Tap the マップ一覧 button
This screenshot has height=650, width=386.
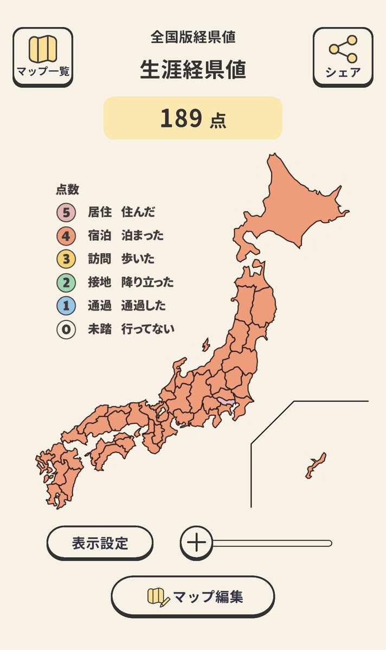(x=42, y=56)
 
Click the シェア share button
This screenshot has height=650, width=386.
(x=343, y=56)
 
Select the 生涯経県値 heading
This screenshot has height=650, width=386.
(x=193, y=70)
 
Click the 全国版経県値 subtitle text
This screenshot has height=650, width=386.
(x=193, y=37)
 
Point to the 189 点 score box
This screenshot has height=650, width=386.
(x=193, y=118)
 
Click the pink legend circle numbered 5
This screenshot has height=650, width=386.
(x=66, y=212)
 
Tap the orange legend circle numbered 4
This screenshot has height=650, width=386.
(x=66, y=236)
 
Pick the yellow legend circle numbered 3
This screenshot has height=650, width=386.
(x=66, y=259)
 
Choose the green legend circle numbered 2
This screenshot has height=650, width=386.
(x=66, y=282)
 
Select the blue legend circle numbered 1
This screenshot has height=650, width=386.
(x=66, y=306)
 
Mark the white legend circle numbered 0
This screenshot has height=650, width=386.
(x=66, y=329)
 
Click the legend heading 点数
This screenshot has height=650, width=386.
(x=67, y=190)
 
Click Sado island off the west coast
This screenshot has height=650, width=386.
(x=206, y=345)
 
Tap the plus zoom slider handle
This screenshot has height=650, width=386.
(x=196, y=542)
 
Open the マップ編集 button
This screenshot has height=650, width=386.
(x=193, y=596)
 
